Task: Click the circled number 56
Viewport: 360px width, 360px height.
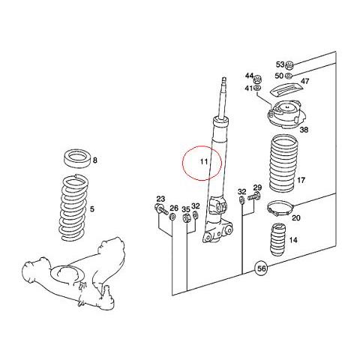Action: [262, 268]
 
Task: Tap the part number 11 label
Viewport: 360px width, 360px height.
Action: [204, 161]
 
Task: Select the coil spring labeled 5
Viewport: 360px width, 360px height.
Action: [74, 208]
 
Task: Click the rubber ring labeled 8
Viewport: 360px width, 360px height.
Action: [77, 157]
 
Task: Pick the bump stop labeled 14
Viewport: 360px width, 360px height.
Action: [278, 239]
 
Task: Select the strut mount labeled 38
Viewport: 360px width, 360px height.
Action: [285, 114]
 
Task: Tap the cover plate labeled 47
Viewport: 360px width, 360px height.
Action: [286, 88]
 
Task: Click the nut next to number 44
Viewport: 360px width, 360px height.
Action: [257, 80]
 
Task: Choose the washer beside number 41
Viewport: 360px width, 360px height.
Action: [257, 88]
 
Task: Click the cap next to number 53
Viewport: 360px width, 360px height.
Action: [289, 65]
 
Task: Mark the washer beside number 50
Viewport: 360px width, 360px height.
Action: [288, 75]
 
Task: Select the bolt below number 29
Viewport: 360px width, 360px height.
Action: [254, 196]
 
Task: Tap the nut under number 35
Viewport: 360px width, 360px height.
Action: [186, 217]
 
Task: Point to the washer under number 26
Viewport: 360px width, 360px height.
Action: [172, 217]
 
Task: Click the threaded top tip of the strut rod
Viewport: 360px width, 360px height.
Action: [224, 80]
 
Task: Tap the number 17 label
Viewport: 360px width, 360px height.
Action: [301, 180]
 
